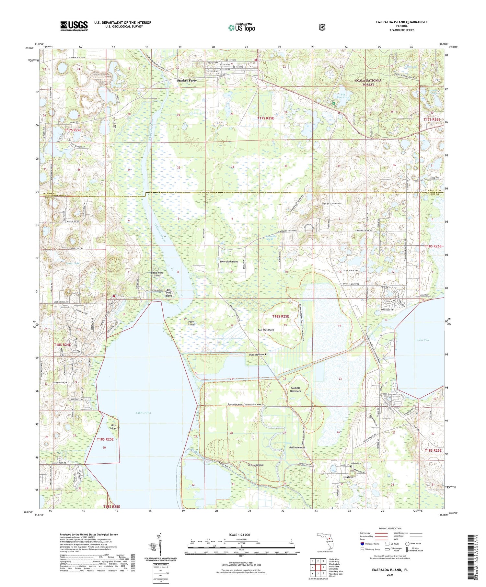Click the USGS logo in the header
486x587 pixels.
[74, 26]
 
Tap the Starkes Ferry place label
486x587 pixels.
[187, 80]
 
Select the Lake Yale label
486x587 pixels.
[423, 340]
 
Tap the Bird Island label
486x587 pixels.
[113, 426]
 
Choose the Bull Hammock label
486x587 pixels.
[266, 330]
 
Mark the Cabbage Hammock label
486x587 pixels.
[295, 389]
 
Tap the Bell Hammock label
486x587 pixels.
[297, 447]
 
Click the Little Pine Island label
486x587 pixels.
[157, 274]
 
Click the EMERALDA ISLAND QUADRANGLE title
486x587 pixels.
[402, 22]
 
